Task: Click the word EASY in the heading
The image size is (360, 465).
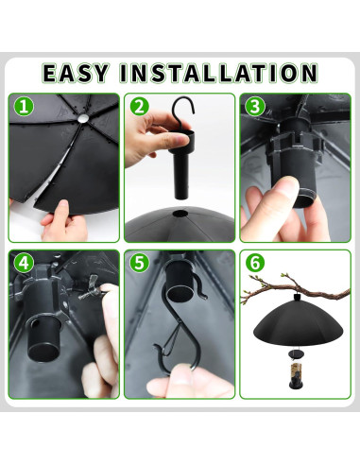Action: tap(76, 73)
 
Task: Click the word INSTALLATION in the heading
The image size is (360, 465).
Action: tap(218, 73)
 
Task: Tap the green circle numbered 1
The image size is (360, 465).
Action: tap(25, 107)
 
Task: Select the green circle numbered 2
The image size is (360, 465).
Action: tap(140, 107)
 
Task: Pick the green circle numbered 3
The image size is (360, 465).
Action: tap(255, 107)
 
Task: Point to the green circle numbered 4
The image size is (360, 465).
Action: tap(25, 263)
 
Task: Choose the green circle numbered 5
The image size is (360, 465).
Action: tap(140, 263)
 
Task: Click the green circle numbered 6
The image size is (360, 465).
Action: tap(255, 263)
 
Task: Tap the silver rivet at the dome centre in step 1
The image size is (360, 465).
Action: tap(83, 118)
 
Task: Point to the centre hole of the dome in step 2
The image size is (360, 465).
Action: tap(180, 214)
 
